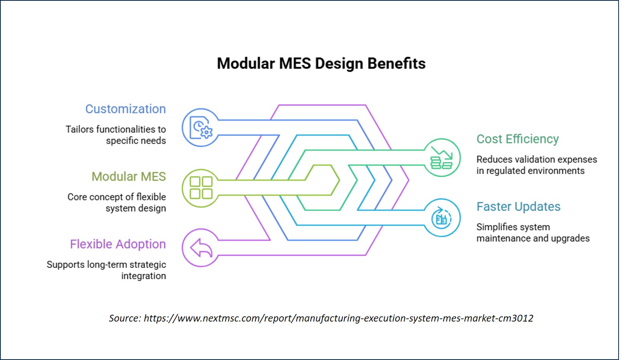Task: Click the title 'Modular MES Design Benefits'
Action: coord(321,64)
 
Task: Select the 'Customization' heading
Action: coord(125,109)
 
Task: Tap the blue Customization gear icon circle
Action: coord(200,127)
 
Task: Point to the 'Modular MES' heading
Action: coord(129,177)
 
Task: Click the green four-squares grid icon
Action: coord(201,188)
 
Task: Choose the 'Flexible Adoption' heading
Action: coord(118,244)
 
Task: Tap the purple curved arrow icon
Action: coord(201,248)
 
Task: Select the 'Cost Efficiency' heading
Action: coord(518,139)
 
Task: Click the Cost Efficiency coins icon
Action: coord(442,158)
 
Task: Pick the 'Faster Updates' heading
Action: coord(518,207)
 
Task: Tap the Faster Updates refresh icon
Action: coord(442,218)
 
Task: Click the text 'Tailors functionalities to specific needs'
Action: coord(116,135)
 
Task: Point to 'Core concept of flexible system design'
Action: coord(117,203)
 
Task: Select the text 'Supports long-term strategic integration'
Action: coord(106,270)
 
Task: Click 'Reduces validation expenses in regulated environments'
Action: coord(537,165)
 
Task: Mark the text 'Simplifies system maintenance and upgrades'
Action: coord(533,233)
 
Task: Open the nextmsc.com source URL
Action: coord(339,318)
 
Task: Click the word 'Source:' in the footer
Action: coord(125,318)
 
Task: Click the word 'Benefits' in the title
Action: coord(396,64)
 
